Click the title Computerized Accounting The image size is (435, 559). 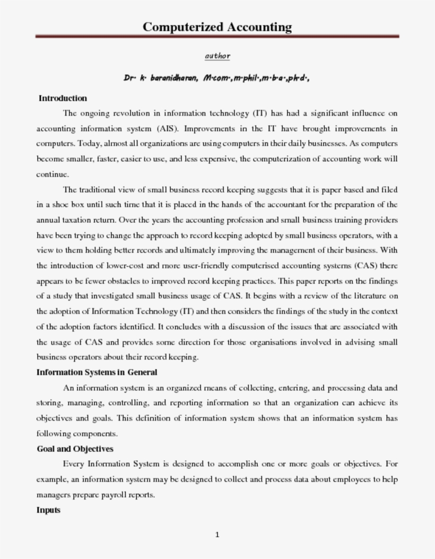point(217,27)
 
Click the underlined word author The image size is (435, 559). point(217,56)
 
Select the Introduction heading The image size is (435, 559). point(63,98)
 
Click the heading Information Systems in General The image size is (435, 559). point(97,372)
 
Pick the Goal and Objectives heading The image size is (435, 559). point(75,449)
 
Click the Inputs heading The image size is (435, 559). point(48,510)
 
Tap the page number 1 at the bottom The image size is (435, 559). point(217,535)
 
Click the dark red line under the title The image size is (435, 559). point(217,37)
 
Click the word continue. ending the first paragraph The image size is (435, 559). point(53,174)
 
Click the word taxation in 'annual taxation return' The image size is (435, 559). point(81,220)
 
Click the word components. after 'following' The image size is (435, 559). point(95,433)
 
